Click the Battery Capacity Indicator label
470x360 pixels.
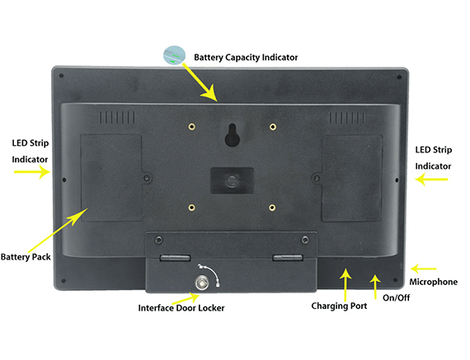pyautogui.click(x=246, y=57)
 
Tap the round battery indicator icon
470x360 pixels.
pyautogui.click(x=174, y=55)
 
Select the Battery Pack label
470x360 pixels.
pyautogui.click(x=26, y=257)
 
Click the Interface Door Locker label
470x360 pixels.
pyautogui.click(x=181, y=308)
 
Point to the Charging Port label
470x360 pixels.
pyautogui.click(x=339, y=306)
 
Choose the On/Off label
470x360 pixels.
pyautogui.click(x=397, y=297)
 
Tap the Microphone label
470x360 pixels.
pyautogui.click(x=434, y=282)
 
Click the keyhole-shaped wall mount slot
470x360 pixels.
pyautogui.click(x=232, y=135)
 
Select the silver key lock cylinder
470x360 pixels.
pyautogui.click(x=202, y=283)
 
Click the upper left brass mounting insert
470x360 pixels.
pyautogui.click(x=192, y=127)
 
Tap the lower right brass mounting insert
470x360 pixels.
pyautogui.click(x=272, y=208)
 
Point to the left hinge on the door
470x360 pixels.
pyautogui.click(x=175, y=258)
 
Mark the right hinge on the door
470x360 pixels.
pyautogui.click(x=288, y=257)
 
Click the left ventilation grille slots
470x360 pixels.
pyautogui.click(x=117, y=118)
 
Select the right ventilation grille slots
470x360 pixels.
pyautogui.click(x=347, y=118)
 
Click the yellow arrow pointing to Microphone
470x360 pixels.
pyautogui.click(x=423, y=269)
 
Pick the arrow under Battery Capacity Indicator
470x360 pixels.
pyautogui.click(x=200, y=82)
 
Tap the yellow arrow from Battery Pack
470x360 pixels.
pyautogui.click(x=58, y=231)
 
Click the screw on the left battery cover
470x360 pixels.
pyautogui.click(x=147, y=178)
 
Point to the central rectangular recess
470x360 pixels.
pyautogui.click(x=232, y=180)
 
